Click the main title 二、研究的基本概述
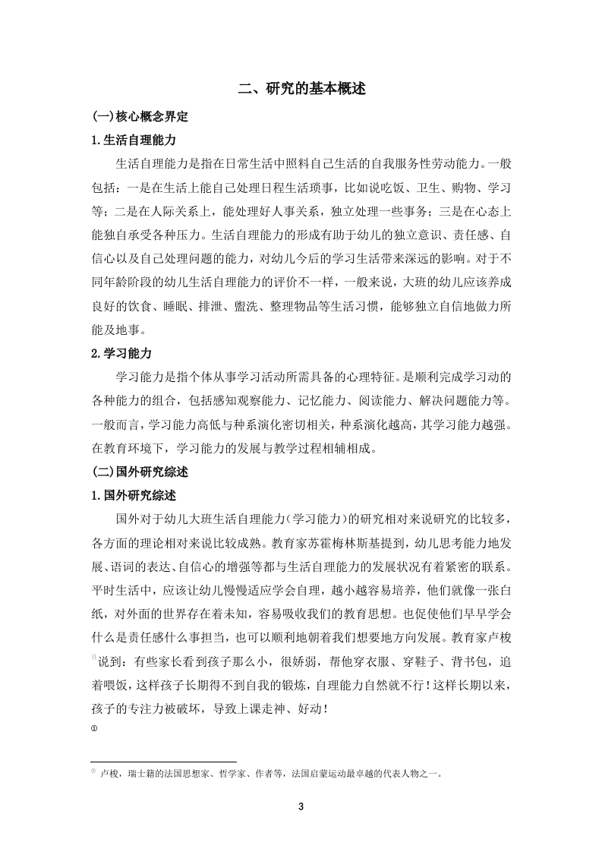(x=301, y=89)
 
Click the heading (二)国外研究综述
(x=140, y=472)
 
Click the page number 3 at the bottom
(x=301, y=806)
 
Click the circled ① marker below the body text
(x=93, y=730)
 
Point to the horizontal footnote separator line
(x=163, y=761)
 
